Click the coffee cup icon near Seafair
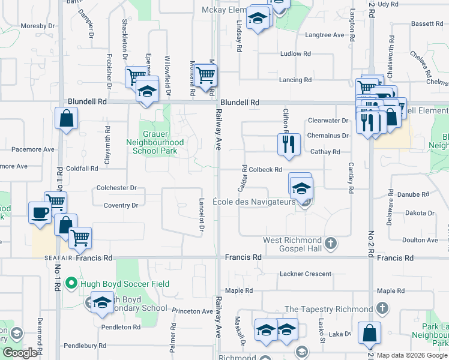(40, 212)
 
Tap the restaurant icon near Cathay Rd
(289, 144)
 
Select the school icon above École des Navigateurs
(301, 188)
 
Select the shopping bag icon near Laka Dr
(369, 333)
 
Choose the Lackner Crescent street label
(305, 274)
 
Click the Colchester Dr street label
(116, 188)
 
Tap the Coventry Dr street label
(121, 205)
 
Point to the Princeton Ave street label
(192, 311)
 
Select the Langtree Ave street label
(324, 35)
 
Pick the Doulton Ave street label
(420, 240)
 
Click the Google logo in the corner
(20, 353)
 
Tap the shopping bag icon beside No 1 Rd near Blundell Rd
(66, 118)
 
